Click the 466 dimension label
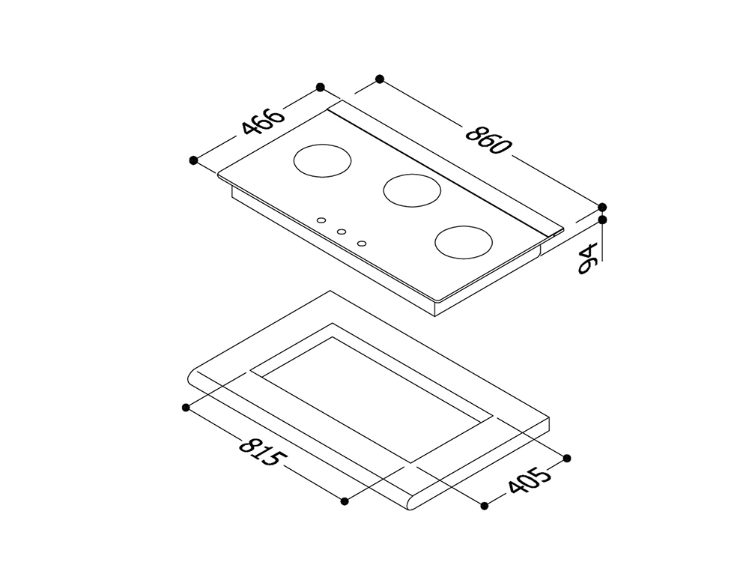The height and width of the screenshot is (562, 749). pos(263,122)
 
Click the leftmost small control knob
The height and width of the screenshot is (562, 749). pos(321,220)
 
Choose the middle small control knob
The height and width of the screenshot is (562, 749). pos(342,232)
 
